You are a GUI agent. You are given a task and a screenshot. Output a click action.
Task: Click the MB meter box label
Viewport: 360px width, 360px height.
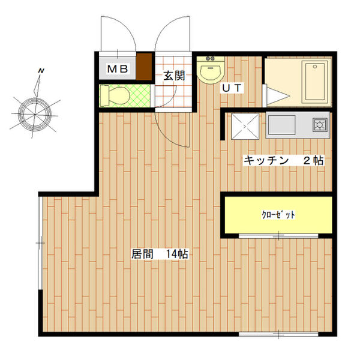[118, 68]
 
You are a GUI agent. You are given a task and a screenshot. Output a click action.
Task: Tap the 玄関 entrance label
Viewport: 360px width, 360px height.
[174, 76]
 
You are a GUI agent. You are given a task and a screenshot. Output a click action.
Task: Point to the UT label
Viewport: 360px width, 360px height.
[232, 88]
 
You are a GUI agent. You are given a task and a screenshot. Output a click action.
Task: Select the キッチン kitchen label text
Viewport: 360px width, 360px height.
[266, 160]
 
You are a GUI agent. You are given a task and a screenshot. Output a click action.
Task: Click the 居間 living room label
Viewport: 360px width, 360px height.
[142, 254]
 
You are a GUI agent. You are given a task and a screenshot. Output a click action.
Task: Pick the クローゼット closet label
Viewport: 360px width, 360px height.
[278, 215]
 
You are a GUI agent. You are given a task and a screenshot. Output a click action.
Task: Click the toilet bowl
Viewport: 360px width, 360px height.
[115, 96]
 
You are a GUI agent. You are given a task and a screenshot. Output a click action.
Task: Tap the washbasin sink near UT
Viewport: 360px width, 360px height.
[211, 70]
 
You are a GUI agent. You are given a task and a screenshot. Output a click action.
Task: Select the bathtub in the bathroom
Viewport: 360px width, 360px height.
[315, 82]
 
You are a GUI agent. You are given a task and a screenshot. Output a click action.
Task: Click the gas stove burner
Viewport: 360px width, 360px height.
[320, 125]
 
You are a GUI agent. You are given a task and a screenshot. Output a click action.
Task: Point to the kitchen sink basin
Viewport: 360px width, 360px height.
[281, 125]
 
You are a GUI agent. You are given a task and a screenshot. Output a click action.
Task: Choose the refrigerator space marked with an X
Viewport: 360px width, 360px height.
[245, 126]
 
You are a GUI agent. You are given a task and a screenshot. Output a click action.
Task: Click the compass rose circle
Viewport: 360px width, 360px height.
[35, 114]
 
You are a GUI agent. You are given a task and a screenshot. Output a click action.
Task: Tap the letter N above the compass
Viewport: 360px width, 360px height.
[41, 71]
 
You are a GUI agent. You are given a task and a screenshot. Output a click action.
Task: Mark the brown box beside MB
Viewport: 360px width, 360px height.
[144, 67]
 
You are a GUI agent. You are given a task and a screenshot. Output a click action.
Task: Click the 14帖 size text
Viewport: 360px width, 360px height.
[177, 254]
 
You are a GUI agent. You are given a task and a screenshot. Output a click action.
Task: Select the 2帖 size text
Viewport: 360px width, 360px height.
[314, 160]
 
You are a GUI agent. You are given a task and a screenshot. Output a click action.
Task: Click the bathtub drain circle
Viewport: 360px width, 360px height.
[315, 67]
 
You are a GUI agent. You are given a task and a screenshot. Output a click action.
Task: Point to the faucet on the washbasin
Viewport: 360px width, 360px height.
[211, 59]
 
